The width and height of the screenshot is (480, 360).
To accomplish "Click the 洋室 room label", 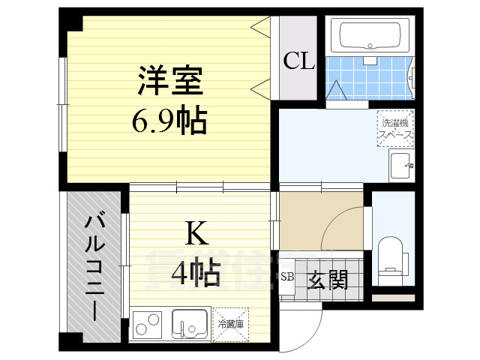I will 169,81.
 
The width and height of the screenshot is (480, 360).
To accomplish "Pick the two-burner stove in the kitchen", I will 148,325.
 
